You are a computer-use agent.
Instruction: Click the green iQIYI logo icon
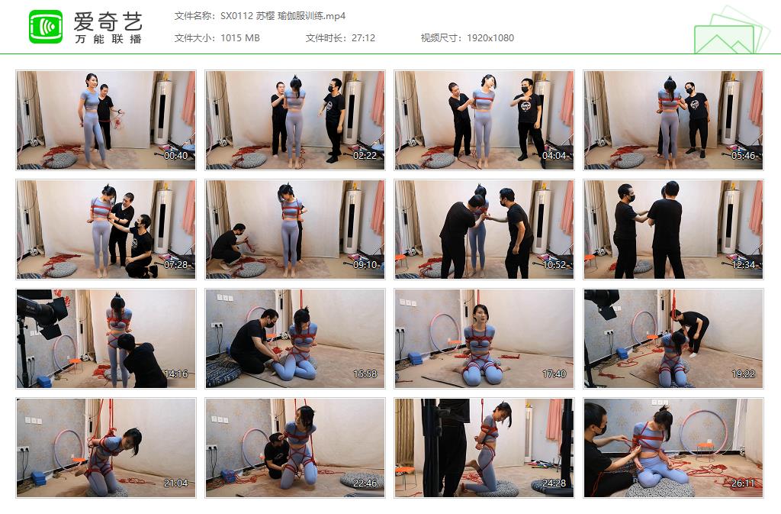pyautogui.click(x=46, y=27)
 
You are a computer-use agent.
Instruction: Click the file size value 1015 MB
pyautogui.click(x=240, y=38)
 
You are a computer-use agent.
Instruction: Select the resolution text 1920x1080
pyautogui.click(x=490, y=38)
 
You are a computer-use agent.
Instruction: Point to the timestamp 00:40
pyautogui.click(x=176, y=156)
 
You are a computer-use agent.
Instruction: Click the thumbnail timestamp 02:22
pyautogui.click(x=365, y=156)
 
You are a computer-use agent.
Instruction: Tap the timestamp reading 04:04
pyautogui.click(x=554, y=156)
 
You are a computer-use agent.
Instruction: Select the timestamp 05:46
pyautogui.click(x=744, y=156)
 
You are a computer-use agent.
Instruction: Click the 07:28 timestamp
pyautogui.click(x=176, y=265)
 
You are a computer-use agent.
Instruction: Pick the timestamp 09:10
pyautogui.click(x=365, y=265)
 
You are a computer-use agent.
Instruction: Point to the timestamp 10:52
pyautogui.click(x=554, y=265)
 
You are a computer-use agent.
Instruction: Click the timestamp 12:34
pyautogui.click(x=744, y=265)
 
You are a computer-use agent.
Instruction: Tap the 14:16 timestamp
pyautogui.click(x=176, y=374)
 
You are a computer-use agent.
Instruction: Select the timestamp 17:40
pyautogui.click(x=554, y=374)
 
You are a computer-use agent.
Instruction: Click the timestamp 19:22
pyautogui.click(x=744, y=374)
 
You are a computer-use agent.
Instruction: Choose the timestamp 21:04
pyautogui.click(x=176, y=483)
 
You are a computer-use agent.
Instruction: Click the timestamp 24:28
pyautogui.click(x=554, y=483)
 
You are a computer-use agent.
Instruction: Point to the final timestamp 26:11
pyautogui.click(x=744, y=483)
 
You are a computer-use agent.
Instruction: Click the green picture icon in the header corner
pyautogui.click(x=729, y=32)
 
